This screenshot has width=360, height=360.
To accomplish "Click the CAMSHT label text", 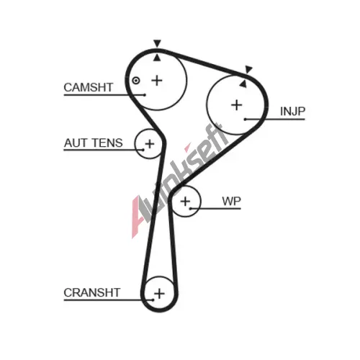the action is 89,87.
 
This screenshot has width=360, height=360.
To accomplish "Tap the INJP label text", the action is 293,111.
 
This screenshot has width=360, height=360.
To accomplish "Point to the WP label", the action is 231,201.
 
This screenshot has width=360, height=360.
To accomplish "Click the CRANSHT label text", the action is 92,292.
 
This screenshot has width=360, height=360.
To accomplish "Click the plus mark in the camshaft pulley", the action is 157,81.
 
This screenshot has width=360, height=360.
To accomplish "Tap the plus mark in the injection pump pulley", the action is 237,105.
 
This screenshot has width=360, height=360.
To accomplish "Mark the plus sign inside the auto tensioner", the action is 150,144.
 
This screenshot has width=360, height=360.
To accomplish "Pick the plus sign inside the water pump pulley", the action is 185,201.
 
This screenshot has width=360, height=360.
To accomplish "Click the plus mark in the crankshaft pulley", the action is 159,293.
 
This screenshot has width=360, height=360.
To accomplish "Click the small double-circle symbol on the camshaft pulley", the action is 136,81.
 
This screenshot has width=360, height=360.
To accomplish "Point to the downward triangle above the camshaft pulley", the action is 157,43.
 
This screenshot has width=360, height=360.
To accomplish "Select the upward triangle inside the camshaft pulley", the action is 157,58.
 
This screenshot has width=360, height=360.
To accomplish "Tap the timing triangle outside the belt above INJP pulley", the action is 248,69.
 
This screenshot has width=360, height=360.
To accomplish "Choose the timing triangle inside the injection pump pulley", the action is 243,84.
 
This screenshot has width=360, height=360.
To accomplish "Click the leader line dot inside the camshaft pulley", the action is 144,95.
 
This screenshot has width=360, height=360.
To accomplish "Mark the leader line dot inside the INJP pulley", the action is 245,119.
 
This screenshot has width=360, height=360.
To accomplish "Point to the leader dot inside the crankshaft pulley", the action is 153,300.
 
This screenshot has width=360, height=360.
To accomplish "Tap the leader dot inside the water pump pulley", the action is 190,209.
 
